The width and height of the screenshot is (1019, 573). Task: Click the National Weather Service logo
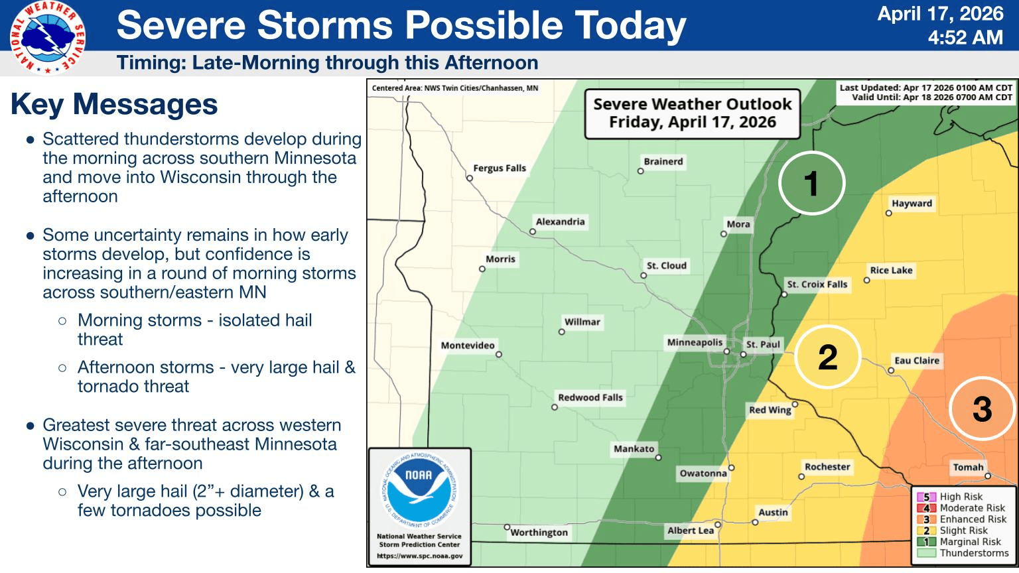[x=47, y=38]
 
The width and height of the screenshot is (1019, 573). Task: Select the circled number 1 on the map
[x=811, y=183]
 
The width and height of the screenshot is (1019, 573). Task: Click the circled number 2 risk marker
[x=827, y=357]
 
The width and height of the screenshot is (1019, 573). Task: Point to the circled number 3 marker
[x=982, y=409]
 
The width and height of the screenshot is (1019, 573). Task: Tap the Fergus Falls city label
[x=499, y=168]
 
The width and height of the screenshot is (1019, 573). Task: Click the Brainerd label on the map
[x=663, y=161]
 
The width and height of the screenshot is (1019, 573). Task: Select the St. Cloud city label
[x=666, y=265]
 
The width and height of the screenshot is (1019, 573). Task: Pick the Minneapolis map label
[x=695, y=342]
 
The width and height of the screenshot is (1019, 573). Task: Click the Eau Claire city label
[x=916, y=360]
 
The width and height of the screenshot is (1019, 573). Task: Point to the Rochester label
[x=827, y=467]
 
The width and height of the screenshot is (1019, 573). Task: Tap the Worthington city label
[x=539, y=532]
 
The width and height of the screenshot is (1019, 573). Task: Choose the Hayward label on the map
[x=912, y=204]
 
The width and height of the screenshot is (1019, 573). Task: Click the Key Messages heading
[x=114, y=104]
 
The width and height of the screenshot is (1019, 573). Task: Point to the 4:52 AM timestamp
[x=965, y=37]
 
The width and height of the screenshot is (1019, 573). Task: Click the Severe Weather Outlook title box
[x=692, y=113]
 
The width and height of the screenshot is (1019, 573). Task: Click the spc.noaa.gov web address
[x=419, y=556]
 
